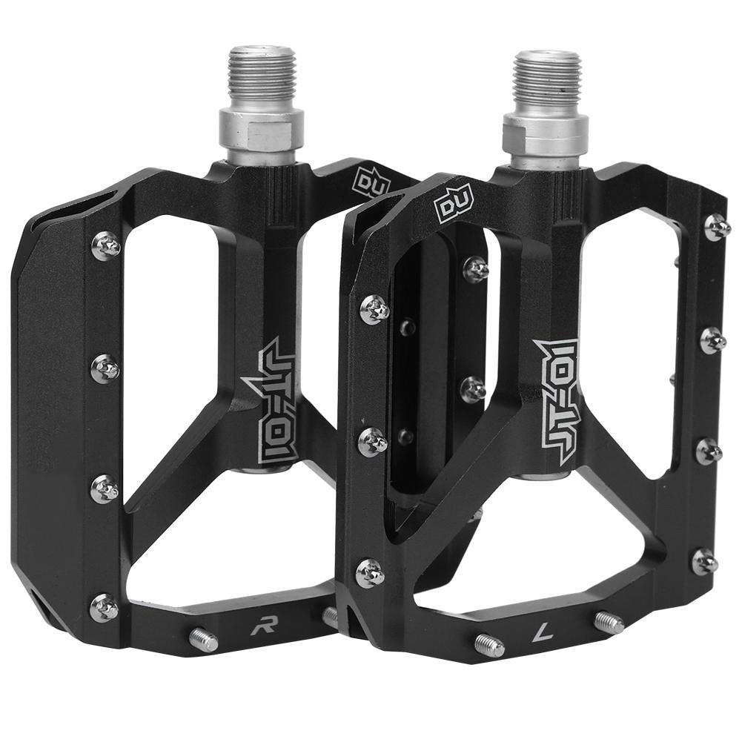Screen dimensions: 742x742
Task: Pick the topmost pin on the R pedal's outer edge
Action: click(106, 245)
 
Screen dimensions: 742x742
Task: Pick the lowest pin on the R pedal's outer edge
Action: click(104, 607)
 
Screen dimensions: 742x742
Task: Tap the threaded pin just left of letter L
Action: click(489, 644)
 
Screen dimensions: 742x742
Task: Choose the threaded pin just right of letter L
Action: click(609, 622)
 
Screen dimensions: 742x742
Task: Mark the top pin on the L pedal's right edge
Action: click(716, 227)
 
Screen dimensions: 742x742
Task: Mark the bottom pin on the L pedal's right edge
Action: click(703, 560)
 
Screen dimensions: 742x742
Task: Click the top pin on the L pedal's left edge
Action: click(374, 308)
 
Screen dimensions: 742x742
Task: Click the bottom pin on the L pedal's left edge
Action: click(370, 572)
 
